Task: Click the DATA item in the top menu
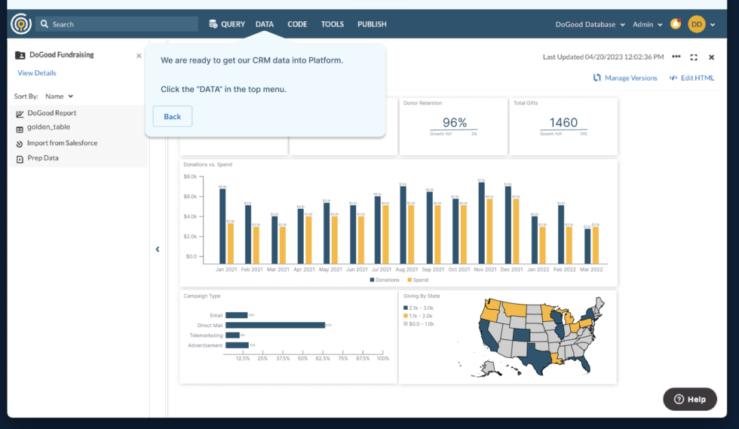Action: (265, 24)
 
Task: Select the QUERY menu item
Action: (227, 24)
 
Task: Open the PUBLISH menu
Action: (372, 24)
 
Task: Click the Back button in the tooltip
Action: (172, 116)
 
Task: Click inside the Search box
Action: (121, 24)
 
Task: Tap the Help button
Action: (690, 399)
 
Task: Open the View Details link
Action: (37, 73)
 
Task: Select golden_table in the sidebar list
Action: (48, 127)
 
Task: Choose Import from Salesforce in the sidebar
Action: (62, 143)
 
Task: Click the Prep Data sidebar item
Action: (43, 158)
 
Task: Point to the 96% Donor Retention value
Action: (454, 123)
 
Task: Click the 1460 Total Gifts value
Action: (563, 123)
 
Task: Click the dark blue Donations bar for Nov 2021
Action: (481, 223)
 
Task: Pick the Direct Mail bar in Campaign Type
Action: (274, 325)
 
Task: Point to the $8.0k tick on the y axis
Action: (190, 176)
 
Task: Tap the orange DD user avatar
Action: (696, 24)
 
